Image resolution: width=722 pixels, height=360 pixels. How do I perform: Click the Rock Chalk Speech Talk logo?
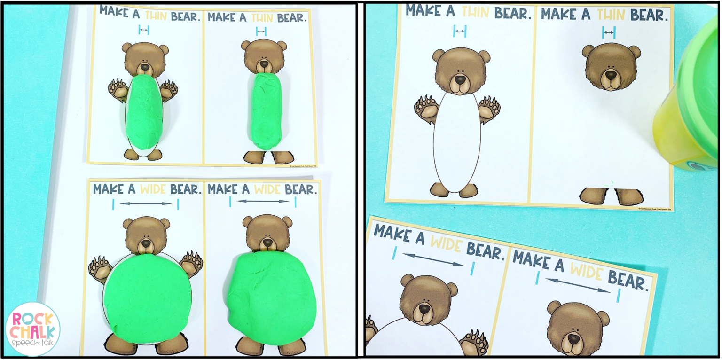pos(32,329)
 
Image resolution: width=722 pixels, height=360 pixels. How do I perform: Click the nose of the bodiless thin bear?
pos(611,74)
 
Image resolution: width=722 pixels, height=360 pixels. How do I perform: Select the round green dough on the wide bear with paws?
pos(147,296)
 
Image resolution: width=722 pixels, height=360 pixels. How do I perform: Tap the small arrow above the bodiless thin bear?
pos(609,32)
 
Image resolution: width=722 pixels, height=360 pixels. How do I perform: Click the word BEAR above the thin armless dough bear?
pos(292,17)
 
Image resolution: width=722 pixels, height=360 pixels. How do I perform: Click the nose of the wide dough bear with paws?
pos(146,243)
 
